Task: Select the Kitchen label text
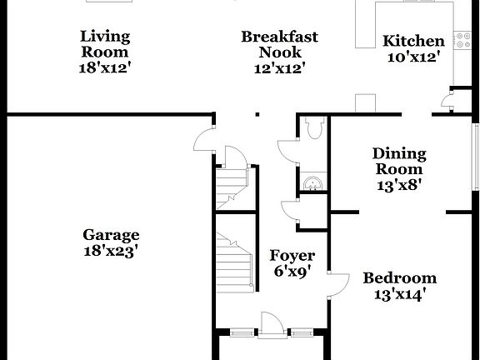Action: (x=413, y=41)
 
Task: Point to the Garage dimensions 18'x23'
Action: (x=111, y=249)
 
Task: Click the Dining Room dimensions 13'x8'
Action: (x=398, y=185)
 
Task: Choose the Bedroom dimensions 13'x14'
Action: (x=399, y=293)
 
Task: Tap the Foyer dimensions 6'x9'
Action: (x=292, y=271)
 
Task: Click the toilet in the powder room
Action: (x=314, y=128)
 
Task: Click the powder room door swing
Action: (x=287, y=150)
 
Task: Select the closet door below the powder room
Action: (x=290, y=212)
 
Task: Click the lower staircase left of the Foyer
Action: (x=234, y=258)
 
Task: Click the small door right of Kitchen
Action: (x=449, y=104)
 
